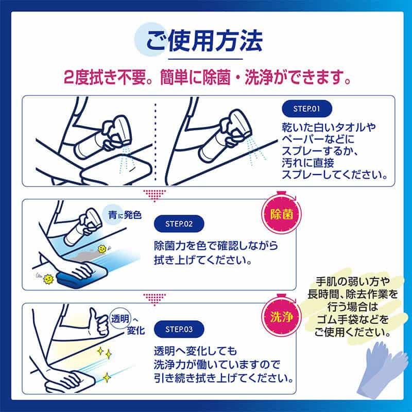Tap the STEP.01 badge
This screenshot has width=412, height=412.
click(307, 109)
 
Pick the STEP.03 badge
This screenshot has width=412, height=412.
click(179, 328)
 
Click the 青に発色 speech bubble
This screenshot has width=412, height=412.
click(122, 215)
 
